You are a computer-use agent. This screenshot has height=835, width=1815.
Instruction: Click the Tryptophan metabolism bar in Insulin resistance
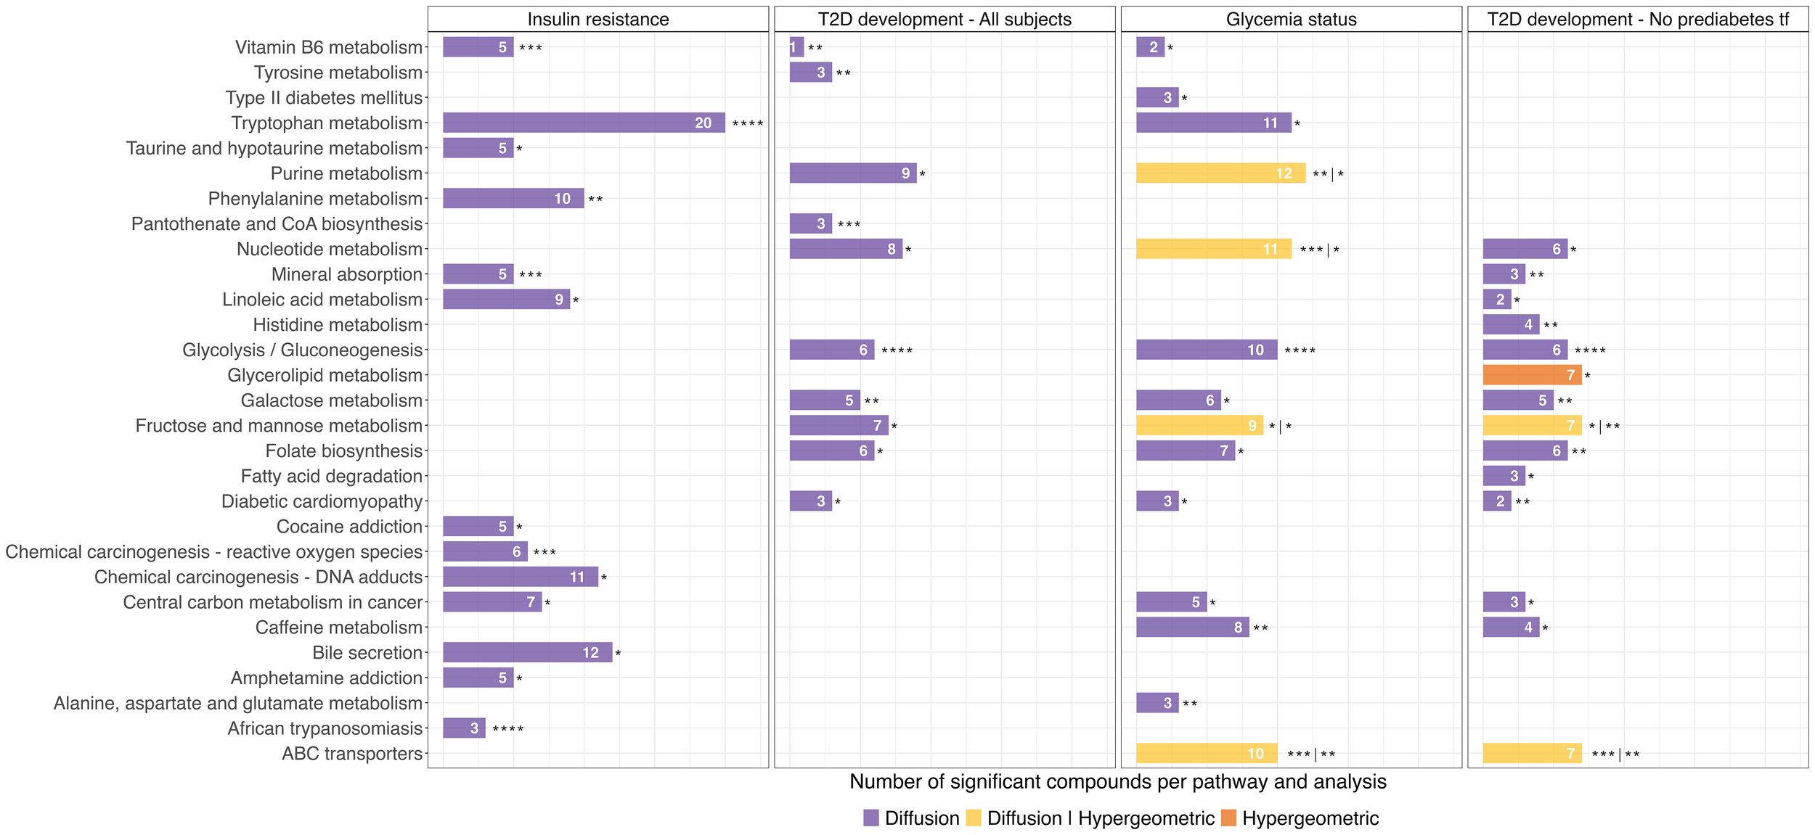584,123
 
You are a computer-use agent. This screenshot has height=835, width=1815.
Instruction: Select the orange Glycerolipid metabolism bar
1532,375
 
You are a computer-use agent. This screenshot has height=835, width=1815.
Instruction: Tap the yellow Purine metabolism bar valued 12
1220,173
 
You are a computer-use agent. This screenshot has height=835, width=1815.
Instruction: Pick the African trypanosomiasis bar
464,728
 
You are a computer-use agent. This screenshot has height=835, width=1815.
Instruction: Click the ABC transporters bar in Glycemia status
1207,754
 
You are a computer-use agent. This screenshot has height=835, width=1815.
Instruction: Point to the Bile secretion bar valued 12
527,653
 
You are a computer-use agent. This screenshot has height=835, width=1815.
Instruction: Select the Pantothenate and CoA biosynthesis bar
810,223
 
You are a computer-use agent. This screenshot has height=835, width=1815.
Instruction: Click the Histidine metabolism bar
1511,325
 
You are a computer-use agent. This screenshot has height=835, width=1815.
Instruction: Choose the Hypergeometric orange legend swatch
1228,818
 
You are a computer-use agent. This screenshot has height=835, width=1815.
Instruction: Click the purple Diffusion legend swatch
871,818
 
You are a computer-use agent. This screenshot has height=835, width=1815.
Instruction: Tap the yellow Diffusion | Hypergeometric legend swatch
974,818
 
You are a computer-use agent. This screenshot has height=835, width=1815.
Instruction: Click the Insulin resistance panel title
598,20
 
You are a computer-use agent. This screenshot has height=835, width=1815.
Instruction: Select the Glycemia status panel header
1291,20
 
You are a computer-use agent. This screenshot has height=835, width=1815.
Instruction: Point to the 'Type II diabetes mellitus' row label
324,98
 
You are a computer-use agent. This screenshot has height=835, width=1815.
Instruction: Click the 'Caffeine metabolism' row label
338,628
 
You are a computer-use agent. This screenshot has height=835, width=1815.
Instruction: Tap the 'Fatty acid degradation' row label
331,477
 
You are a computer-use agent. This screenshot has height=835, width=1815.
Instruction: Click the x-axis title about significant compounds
1117,782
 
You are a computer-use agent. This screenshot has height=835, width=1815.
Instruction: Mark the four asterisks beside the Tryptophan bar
747,124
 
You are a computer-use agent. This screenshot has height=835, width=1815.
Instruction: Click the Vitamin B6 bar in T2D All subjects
796,47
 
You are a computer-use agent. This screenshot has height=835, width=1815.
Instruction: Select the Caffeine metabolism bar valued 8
1192,628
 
